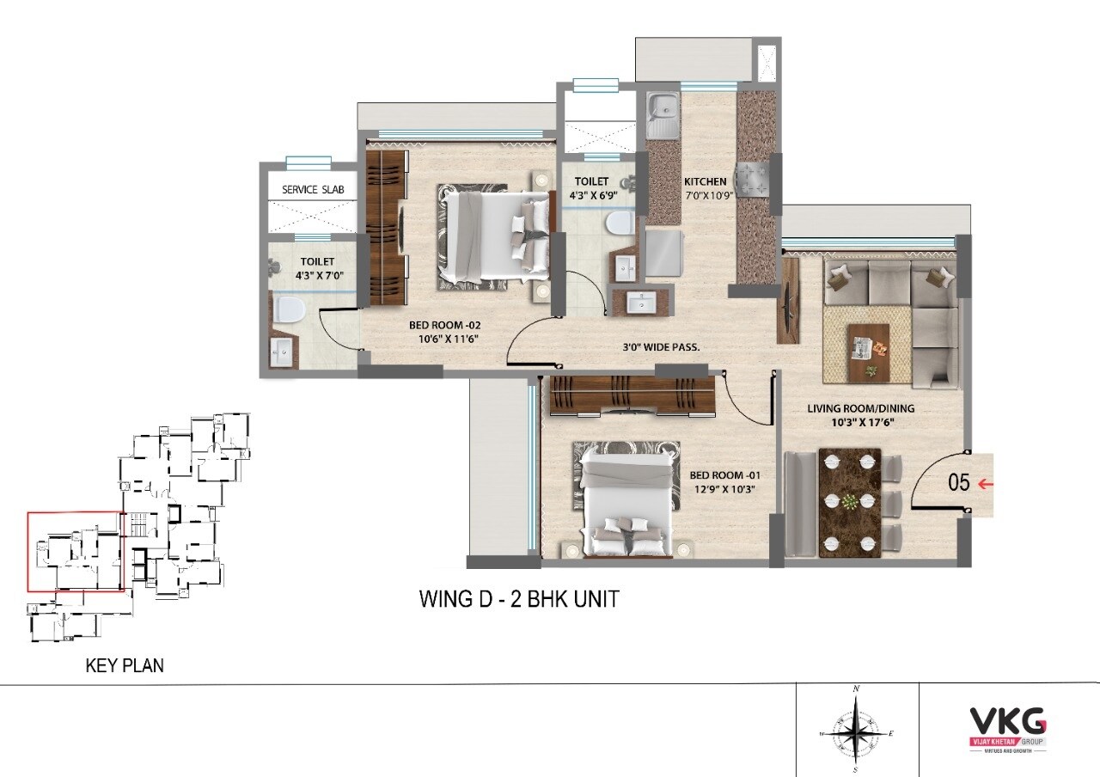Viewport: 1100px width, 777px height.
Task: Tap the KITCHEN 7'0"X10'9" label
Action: click(x=706, y=188)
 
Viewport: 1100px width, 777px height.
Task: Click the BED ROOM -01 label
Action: click(x=724, y=481)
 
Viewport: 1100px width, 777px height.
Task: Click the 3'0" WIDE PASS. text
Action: click(x=661, y=348)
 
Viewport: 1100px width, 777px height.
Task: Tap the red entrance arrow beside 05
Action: click(x=987, y=485)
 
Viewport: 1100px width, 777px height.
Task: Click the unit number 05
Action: click(x=958, y=483)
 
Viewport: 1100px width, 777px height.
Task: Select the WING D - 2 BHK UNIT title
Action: click(x=518, y=599)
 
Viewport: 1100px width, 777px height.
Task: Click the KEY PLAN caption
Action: click(x=125, y=664)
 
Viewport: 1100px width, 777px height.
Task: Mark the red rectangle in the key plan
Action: click(x=76, y=551)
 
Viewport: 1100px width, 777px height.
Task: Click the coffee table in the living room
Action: click(x=868, y=352)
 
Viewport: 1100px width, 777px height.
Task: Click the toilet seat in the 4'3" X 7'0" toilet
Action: click(x=288, y=308)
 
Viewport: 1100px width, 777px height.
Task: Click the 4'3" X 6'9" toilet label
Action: click(x=591, y=188)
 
